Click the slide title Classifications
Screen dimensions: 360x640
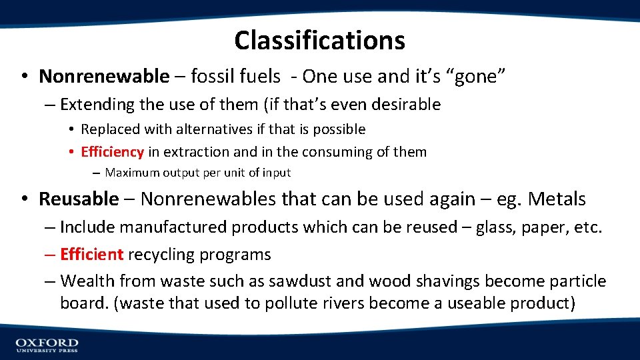[319, 40]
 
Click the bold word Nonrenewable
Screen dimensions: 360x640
[104, 77]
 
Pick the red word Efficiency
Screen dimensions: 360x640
[112, 152]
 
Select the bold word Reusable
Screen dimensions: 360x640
[79, 199]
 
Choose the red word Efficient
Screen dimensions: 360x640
[91, 255]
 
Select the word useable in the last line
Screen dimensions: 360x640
[478, 303]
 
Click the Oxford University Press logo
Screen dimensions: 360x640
[47, 345]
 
